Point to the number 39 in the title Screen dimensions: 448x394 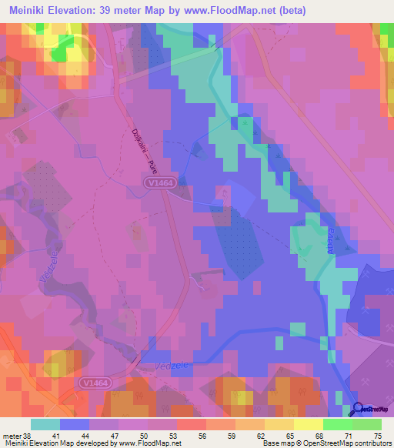(x=122, y=10)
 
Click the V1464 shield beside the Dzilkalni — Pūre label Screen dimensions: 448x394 (x=157, y=182)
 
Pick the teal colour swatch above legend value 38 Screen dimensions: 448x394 (x=45, y=424)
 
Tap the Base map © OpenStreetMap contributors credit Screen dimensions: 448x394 (x=326, y=443)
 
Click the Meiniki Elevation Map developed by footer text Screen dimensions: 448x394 (x=55, y=443)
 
